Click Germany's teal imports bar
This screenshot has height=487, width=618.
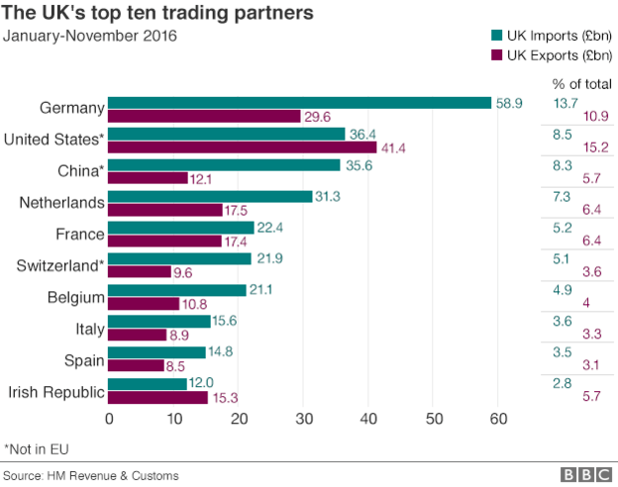[x=299, y=103]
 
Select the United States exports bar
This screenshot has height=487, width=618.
[x=243, y=146]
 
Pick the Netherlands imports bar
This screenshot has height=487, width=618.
[x=209, y=197]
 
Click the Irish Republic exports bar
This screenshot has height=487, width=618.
[x=157, y=397]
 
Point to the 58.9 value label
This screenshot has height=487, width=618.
[x=510, y=103]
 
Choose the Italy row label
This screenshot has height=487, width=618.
[x=86, y=329]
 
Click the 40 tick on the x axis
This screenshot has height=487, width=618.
[x=368, y=420]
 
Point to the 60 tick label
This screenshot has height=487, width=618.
[x=498, y=420]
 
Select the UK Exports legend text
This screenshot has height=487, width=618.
[x=559, y=55]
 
